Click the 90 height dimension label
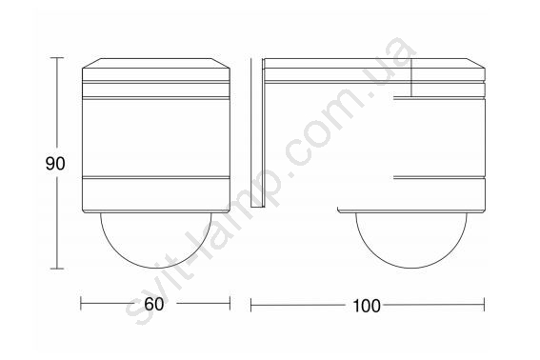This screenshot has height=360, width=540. point(55,164)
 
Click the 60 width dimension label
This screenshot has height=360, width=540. point(153,304)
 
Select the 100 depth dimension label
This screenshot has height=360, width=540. point(367,306)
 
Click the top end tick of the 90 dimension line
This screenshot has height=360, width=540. point(57,58)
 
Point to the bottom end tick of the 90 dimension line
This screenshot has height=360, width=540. point(57,269)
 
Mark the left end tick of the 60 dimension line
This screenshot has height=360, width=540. point(81,303)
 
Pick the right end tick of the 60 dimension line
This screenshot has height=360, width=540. point(230,303)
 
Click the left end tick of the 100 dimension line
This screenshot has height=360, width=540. point(251,305)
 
